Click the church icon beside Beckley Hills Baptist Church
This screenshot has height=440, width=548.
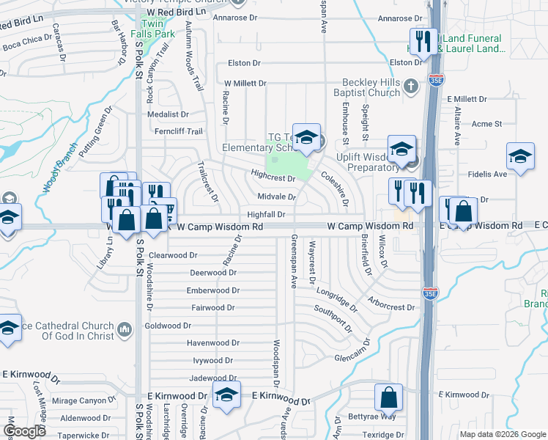[412, 86]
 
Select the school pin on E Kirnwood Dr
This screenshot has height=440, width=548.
[226, 395]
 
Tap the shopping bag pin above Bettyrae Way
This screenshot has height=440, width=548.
[389, 397]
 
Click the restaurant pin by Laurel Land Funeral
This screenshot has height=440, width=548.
[423, 42]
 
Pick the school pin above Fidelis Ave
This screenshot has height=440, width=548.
[520, 156]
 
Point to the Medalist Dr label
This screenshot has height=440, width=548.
[169, 114]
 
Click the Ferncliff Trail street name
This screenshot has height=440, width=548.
[178, 132]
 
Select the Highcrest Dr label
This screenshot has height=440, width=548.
[272, 177]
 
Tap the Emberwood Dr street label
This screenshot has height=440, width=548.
[213, 290]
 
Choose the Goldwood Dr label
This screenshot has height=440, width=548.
[168, 326]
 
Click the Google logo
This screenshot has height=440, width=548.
[25, 431]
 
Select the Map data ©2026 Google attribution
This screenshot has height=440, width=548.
[502, 434]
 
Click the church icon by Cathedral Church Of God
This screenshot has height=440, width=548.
[123, 330]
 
